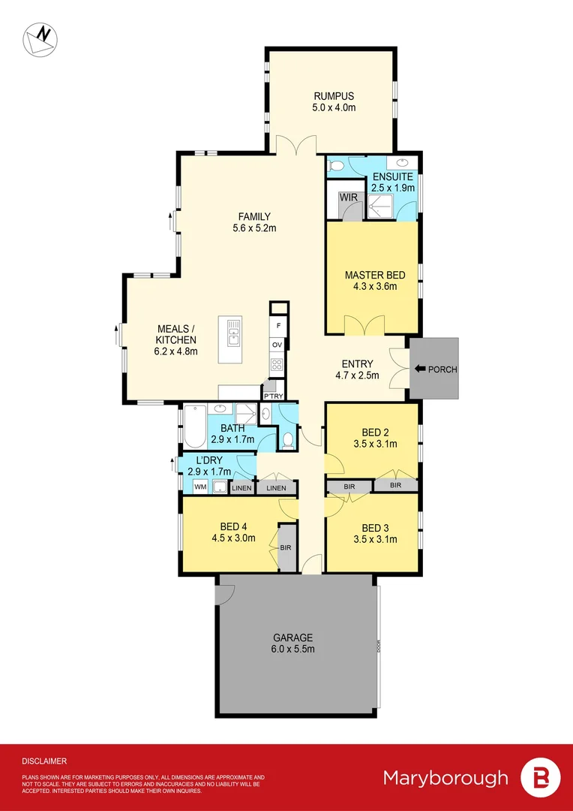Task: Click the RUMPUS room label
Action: tap(334, 96)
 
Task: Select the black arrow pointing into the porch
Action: tap(420, 369)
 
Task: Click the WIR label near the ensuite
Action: tap(347, 197)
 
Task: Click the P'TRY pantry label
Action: tap(271, 396)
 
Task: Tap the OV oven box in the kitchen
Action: tap(277, 345)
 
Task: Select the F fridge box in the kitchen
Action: tap(278, 326)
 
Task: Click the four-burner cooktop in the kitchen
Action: tap(277, 366)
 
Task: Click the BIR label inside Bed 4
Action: tap(286, 548)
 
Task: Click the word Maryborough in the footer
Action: tap(445, 777)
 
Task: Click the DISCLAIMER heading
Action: tap(44, 761)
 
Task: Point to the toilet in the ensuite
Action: tap(336, 166)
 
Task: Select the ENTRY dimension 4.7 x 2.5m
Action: tap(357, 375)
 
